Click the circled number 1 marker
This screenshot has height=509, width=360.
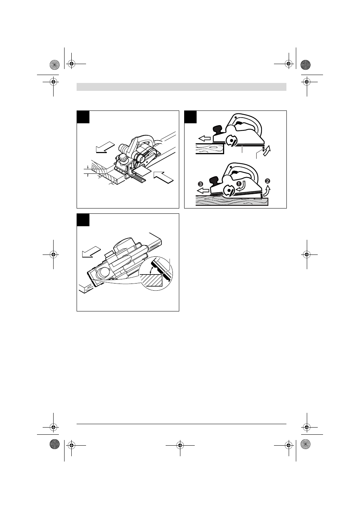(x=239, y=183)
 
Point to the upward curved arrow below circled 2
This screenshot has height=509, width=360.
(x=266, y=191)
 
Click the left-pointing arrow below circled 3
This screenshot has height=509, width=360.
(x=203, y=190)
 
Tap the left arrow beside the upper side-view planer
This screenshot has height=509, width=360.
(x=205, y=138)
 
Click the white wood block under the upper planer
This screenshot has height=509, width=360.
(x=210, y=149)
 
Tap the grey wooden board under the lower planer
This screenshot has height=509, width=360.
(x=232, y=201)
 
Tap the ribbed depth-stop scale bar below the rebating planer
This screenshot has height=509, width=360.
(x=137, y=178)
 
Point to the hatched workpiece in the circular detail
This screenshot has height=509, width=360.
(x=152, y=280)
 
